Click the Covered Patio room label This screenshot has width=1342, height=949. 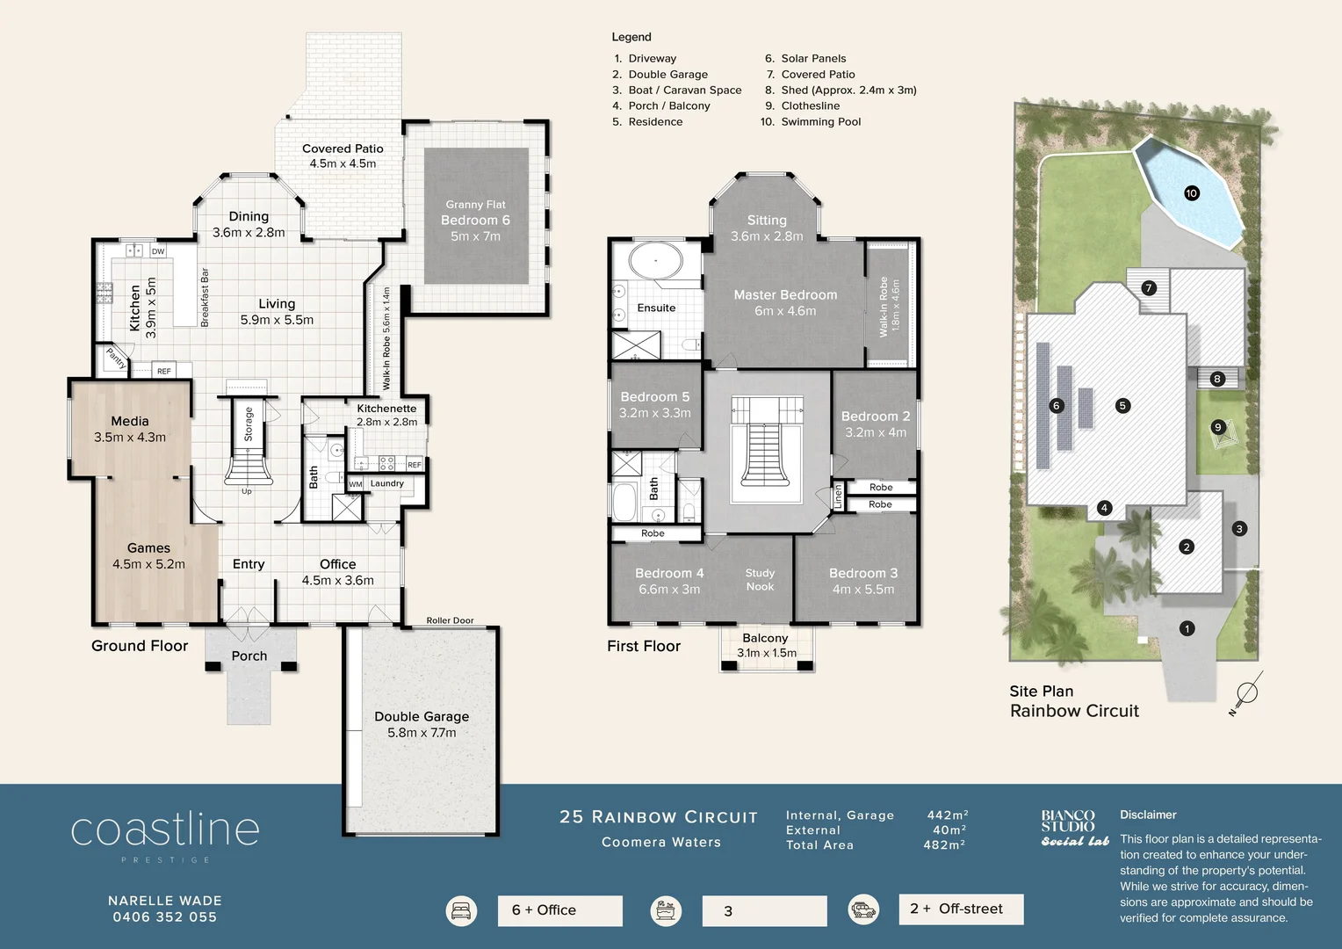[x=343, y=149]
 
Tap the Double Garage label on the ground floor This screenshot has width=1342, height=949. [x=422, y=717]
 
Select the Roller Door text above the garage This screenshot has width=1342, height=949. [x=450, y=620]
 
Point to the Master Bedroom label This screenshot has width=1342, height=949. [x=785, y=295]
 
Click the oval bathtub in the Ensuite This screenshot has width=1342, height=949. [x=656, y=261]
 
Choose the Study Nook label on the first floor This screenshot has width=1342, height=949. [x=760, y=580]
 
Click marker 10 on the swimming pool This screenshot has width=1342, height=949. [x=1192, y=193]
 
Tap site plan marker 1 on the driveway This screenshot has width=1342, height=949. [x=1187, y=628]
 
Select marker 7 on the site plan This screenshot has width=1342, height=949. [x=1148, y=288]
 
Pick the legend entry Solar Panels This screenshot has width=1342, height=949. [x=813, y=59]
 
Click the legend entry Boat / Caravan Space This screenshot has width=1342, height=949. [x=684, y=91]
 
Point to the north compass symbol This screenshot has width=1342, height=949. [x=1245, y=693]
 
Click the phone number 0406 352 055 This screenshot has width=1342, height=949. [x=164, y=917]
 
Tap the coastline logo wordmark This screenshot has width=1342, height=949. [x=165, y=829]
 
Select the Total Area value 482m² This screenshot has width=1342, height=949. [x=944, y=845]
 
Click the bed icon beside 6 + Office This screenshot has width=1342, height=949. [x=462, y=911]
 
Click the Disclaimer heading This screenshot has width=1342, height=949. [x=1148, y=815]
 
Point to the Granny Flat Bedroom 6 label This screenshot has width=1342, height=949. [x=475, y=221]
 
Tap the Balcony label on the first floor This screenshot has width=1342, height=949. [x=765, y=639]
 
